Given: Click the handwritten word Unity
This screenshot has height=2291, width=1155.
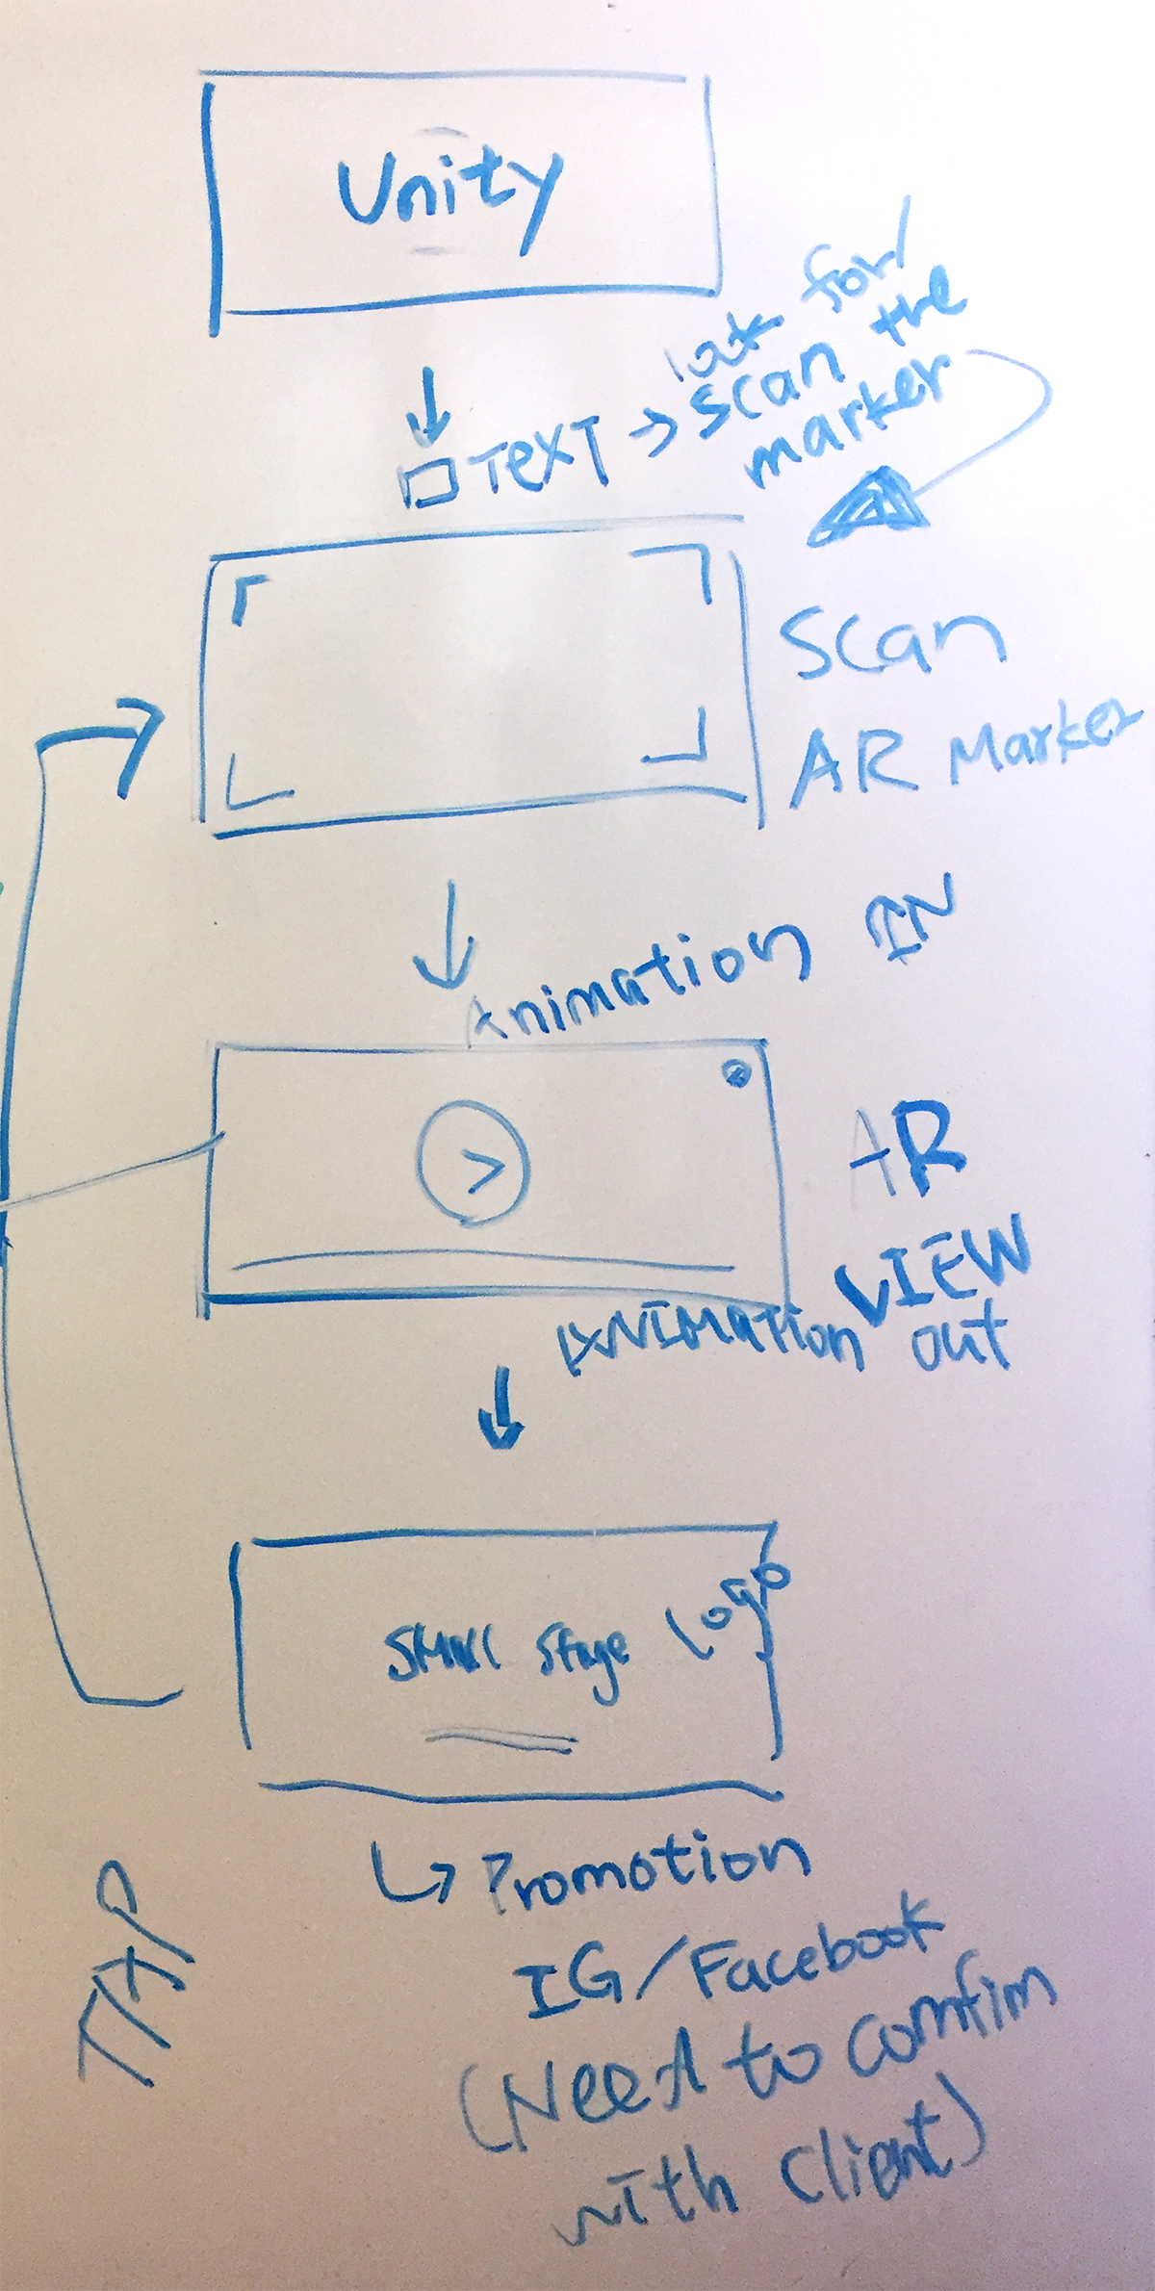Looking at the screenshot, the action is [x=448, y=198].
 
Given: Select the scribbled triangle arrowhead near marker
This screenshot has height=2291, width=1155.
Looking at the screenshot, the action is [x=866, y=507].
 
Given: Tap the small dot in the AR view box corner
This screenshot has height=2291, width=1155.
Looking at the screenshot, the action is [x=739, y=1072].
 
